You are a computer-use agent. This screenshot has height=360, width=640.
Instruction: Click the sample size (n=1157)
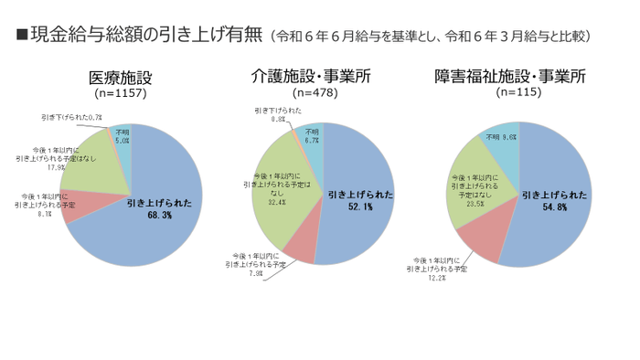[x=120, y=93]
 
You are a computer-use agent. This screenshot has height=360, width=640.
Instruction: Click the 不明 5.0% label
[x=123, y=136]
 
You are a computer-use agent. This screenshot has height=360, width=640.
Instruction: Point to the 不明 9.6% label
[x=501, y=137]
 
